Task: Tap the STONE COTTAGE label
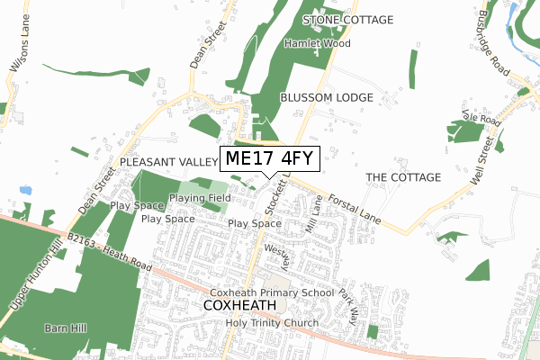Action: pyautogui.click(x=349, y=20)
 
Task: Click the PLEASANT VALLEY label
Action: pyautogui.click(x=167, y=162)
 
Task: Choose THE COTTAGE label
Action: pyautogui.click(x=403, y=177)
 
